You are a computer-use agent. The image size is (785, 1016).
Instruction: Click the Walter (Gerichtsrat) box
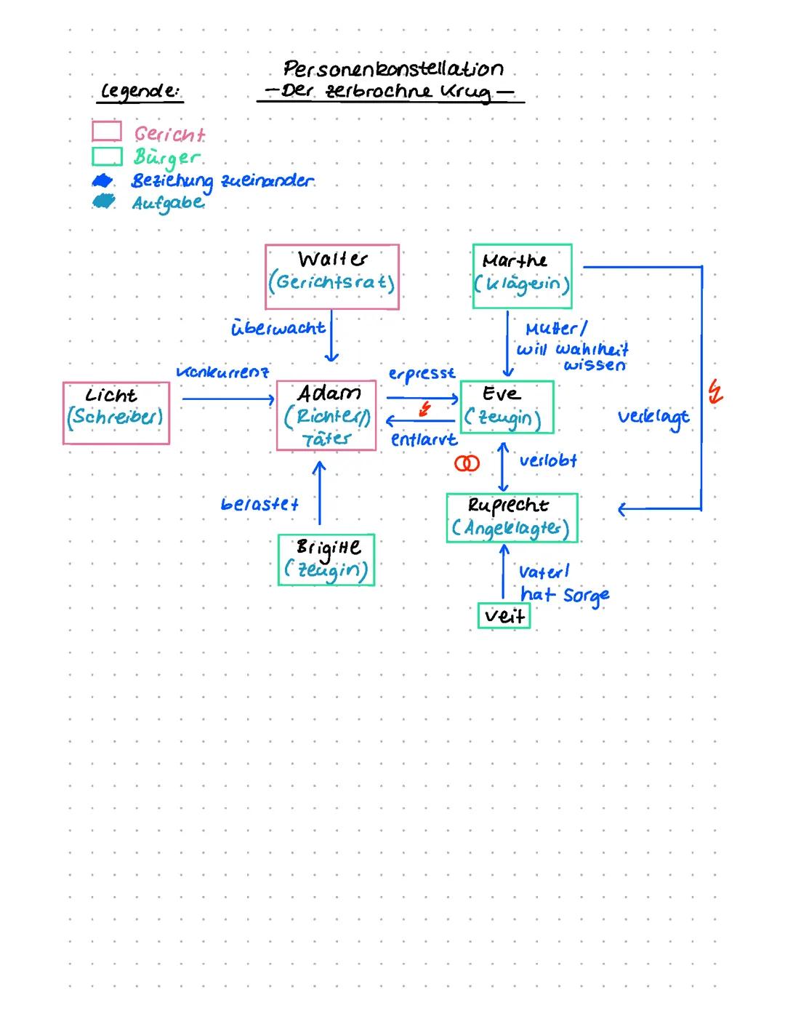pyautogui.click(x=332, y=276)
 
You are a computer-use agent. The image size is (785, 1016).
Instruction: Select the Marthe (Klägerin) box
pyautogui.click(x=522, y=276)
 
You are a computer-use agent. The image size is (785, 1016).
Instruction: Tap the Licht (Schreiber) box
pyautogui.click(x=116, y=412)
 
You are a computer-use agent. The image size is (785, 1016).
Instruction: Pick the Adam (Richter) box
pyautogui.click(x=326, y=415)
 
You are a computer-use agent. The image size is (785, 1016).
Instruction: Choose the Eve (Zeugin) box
pyautogui.click(x=507, y=407)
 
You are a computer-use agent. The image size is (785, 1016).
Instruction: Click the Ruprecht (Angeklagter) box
pyautogui.click(x=512, y=518)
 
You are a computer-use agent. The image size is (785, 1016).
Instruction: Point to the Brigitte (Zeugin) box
pyautogui.click(x=326, y=560)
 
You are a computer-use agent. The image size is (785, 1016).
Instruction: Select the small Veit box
pyautogui.click(x=504, y=616)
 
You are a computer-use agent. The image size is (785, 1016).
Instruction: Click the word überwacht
pyautogui.click(x=278, y=328)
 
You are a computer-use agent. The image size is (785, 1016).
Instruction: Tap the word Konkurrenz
pyautogui.click(x=222, y=372)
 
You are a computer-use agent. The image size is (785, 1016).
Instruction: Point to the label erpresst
pyautogui.click(x=422, y=374)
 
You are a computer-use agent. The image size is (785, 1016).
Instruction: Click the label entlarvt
pyautogui.click(x=424, y=440)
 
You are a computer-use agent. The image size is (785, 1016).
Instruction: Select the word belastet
pyautogui.click(x=259, y=504)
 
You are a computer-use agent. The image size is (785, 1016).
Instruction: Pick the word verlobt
pyautogui.click(x=548, y=460)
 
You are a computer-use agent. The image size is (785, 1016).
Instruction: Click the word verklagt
pyautogui.click(x=653, y=417)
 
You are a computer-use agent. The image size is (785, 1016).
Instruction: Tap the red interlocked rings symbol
pyautogui.click(x=467, y=463)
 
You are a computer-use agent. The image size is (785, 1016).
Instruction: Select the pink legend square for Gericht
pyautogui.click(x=106, y=132)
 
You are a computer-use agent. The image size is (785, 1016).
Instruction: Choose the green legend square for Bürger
pyautogui.click(x=106, y=156)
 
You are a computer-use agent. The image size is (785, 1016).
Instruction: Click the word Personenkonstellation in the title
pyautogui.click(x=393, y=70)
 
